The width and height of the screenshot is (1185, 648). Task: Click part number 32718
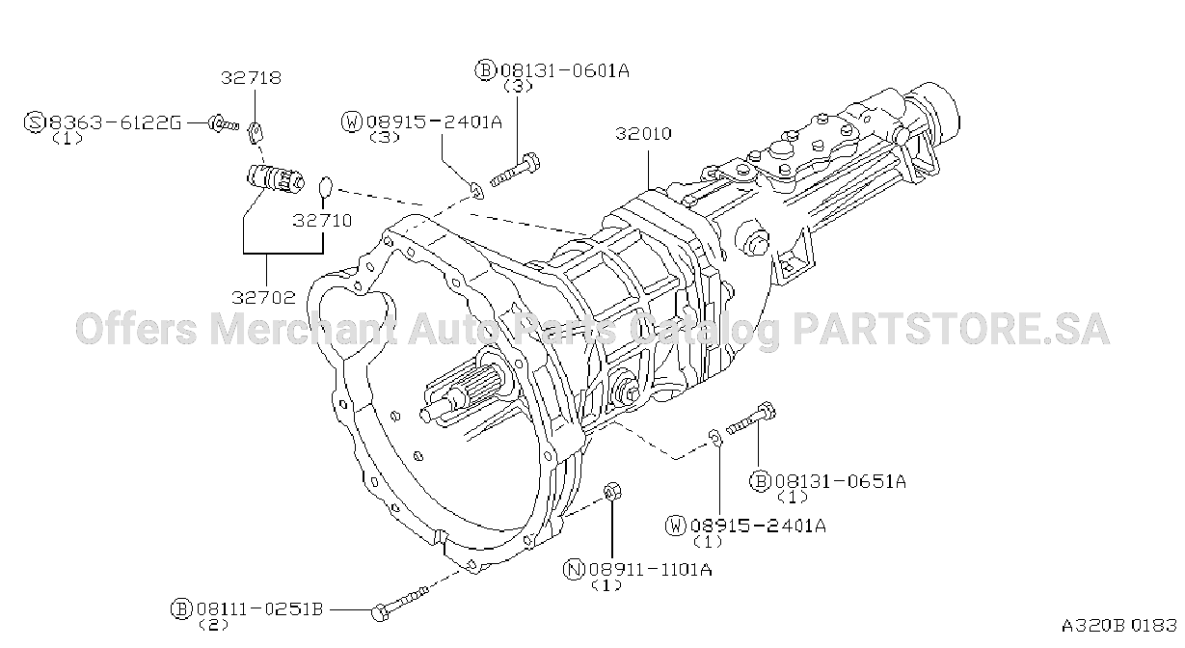(x=251, y=78)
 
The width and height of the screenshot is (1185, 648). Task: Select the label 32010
(x=643, y=133)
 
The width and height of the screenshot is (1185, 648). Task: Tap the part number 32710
(x=322, y=220)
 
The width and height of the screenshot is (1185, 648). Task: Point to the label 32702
(x=263, y=297)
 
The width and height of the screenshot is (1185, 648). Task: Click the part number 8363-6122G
(x=116, y=122)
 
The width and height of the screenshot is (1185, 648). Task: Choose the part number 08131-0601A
(x=565, y=70)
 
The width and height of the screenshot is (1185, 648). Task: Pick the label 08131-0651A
(x=841, y=481)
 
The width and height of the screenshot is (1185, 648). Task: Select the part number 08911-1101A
(x=651, y=569)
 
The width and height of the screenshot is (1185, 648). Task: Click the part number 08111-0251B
(x=259, y=608)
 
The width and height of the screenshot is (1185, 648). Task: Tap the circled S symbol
(x=35, y=122)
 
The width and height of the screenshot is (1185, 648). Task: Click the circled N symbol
(x=574, y=570)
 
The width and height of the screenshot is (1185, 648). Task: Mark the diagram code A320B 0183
(x=1119, y=626)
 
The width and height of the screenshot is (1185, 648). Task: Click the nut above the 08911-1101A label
(x=612, y=492)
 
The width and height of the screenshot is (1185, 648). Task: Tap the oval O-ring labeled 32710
(x=325, y=187)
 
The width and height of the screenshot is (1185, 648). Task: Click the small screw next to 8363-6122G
(x=222, y=124)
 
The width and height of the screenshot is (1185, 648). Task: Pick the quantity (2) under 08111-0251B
(x=213, y=625)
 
